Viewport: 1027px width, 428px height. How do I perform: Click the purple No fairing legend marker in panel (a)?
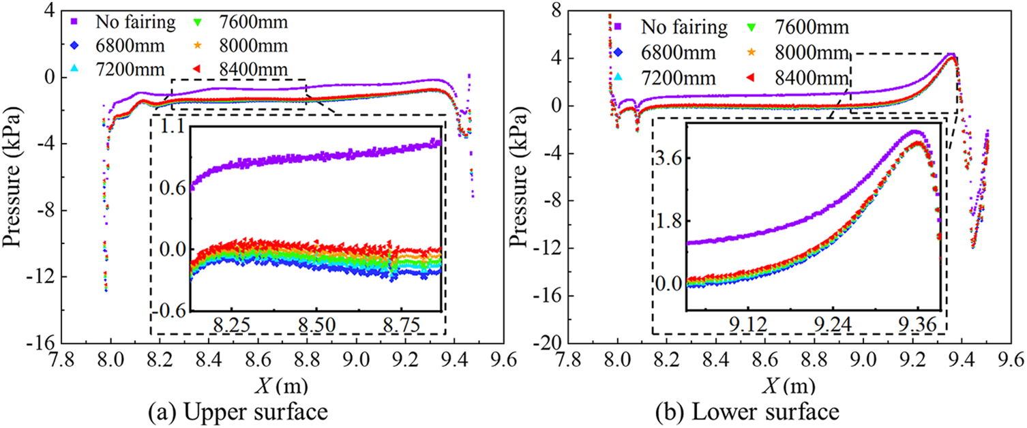click(x=76, y=21)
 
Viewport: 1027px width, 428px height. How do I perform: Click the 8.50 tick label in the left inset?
click(x=317, y=324)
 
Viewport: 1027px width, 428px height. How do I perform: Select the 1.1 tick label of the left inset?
click(x=172, y=127)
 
